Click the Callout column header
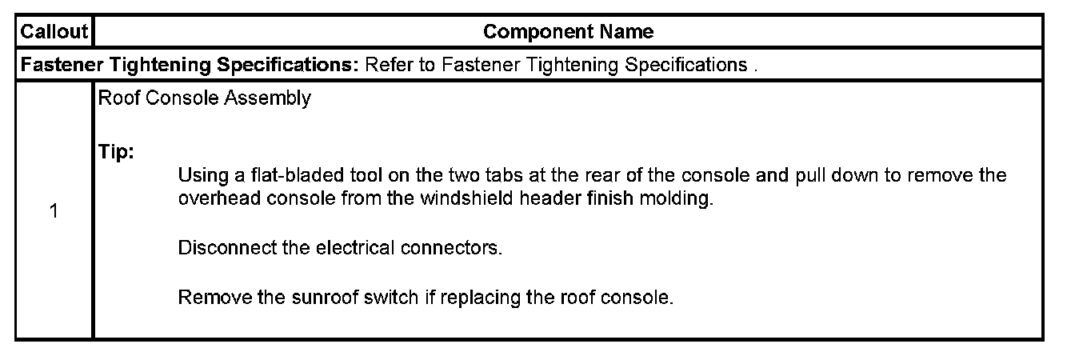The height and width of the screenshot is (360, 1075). click(53, 32)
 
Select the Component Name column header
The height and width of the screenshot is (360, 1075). click(568, 32)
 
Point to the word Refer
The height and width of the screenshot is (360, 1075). click(386, 65)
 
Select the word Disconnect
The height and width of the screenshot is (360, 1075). click(218, 248)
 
